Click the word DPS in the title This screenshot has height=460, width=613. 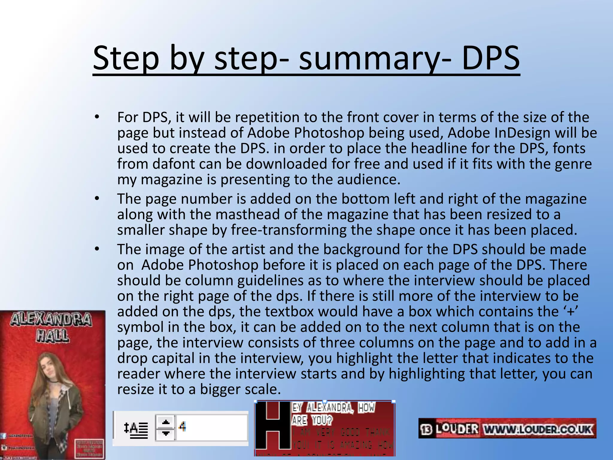pyautogui.click(x=491, y=57)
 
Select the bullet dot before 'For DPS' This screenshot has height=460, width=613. pyautogui.click(x=97, y=117)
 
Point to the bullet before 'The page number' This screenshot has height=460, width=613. pyautogui.click(x=97, y=199)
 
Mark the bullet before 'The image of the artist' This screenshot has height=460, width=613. pyautogui.click(x=97, y=249)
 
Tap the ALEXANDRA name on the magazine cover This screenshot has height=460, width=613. pyautogui.click(x=51, y=320)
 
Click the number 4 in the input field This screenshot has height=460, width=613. pyautogui.click(x=182, y=426)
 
